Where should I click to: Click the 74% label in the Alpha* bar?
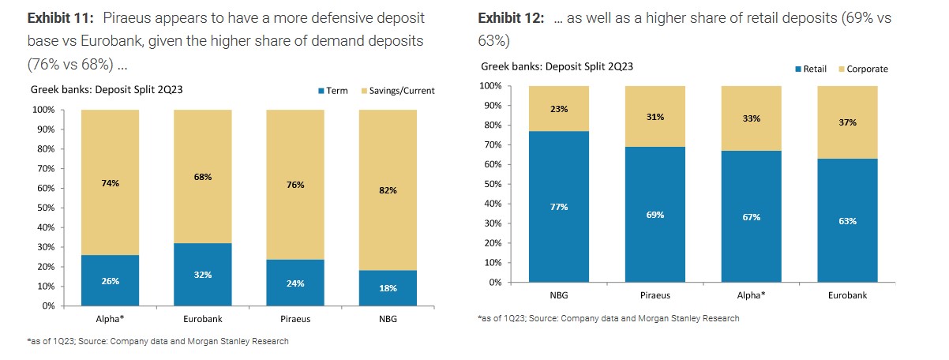coord(110,183)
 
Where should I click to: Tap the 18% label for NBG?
coord(388,288)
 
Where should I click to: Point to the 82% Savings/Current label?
coord(388,190)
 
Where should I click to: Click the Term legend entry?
coord(332,91)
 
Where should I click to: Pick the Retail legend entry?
coord(809,69)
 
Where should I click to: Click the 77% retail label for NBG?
coord(559,207)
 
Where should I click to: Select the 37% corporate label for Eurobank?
coord(846,122)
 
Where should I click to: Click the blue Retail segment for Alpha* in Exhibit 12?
coord(751,237)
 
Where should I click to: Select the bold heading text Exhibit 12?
coord(511,17)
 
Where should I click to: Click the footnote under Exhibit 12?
coord(608,318)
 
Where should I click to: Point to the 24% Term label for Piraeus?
coord(295,283)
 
